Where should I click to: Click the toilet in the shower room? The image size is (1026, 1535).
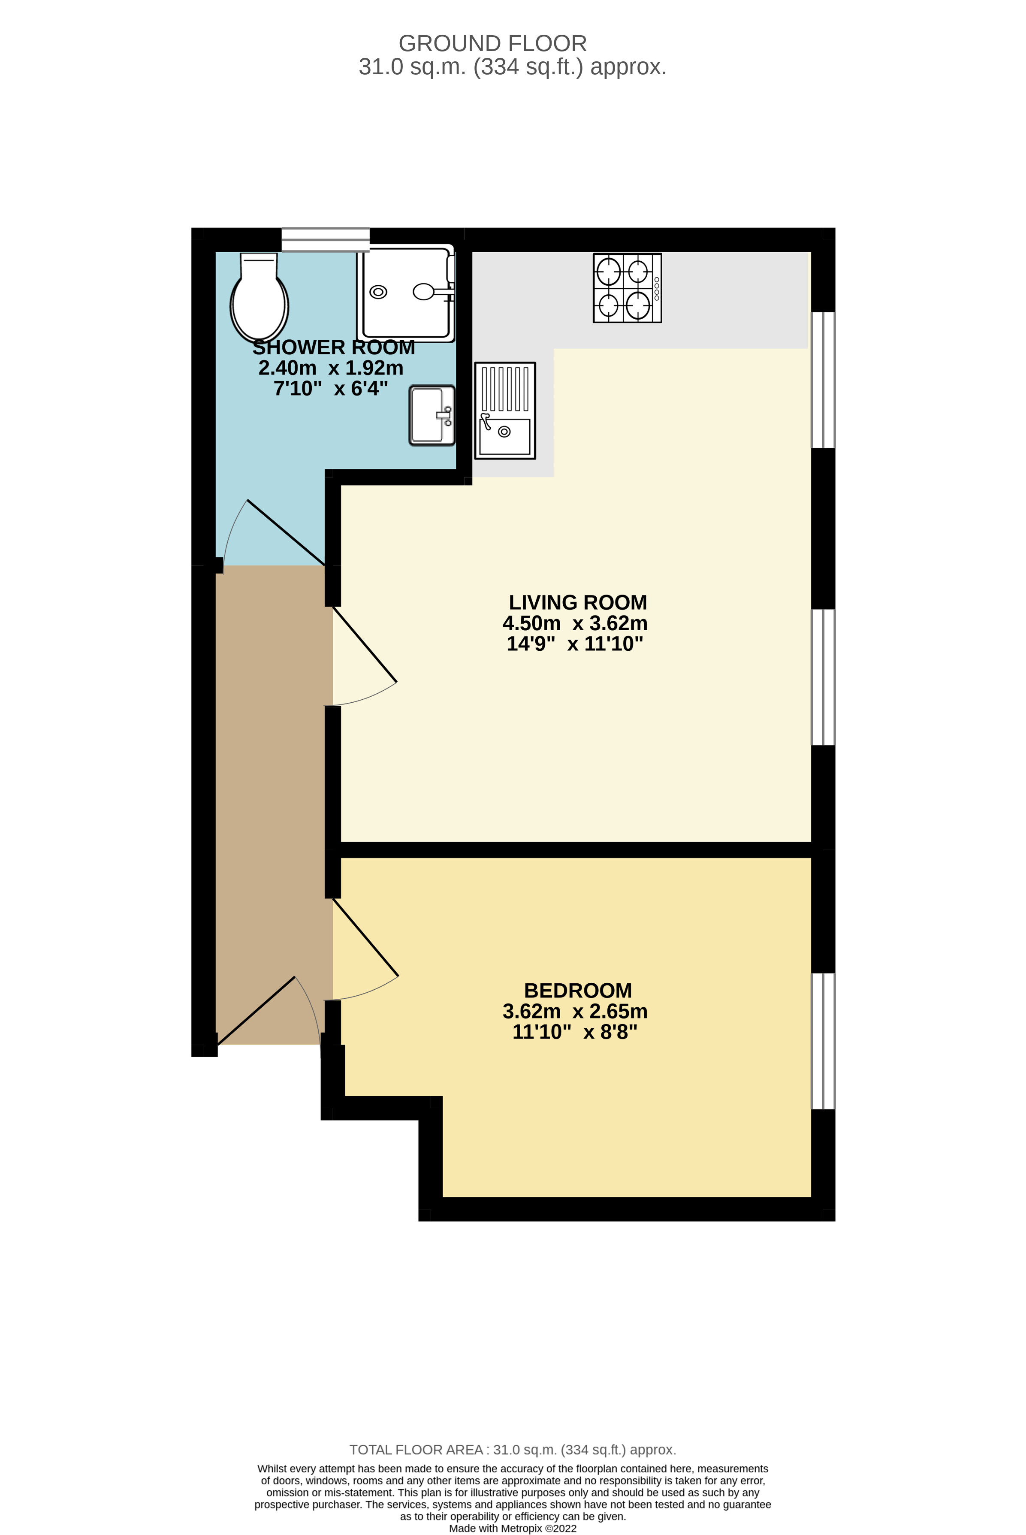pyautogui.click(x=259, y=298)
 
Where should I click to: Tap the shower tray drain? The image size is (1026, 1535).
pyautogui.click(x=378, y=292)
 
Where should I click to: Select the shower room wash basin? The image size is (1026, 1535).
pyautogui.click(x=431, y=415)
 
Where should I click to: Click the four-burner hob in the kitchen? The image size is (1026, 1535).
pyautogui.click(x=627, y=288)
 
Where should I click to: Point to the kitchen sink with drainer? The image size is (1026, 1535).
pyautogui.click(x=504, y=410)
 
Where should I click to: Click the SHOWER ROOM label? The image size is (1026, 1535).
pyautogui.click(x=334, y=347)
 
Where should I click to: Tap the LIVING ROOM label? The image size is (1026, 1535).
pyautogui.click(x=578, y=602)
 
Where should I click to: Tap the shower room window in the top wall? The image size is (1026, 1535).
pyautogui.click(x=325, y=239)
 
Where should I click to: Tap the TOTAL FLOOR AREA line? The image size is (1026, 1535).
pyautogui.click(x=512, y=1450)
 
